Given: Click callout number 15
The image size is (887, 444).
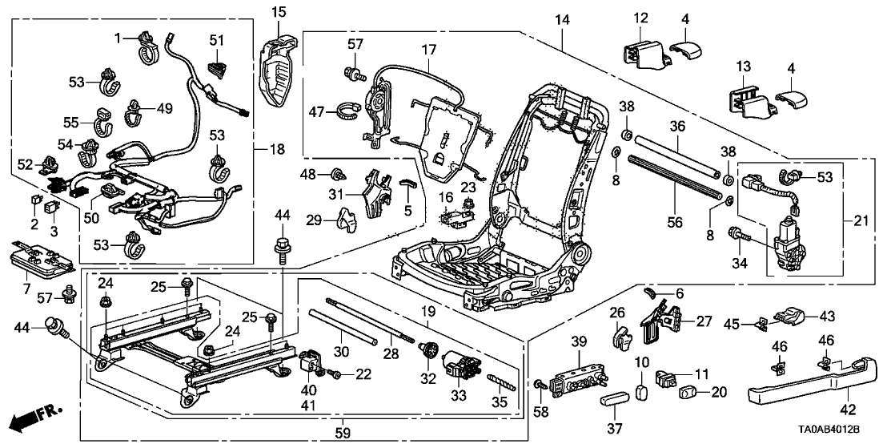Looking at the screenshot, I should tap(278, 11).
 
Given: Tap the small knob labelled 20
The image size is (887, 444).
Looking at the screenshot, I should tap(687, 393).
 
